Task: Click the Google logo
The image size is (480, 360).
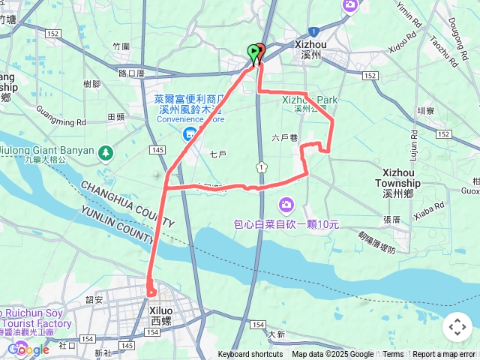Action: coord(28,349)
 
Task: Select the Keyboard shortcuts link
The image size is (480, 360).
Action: coord(250,355)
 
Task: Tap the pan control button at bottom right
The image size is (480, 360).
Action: coord(457,327)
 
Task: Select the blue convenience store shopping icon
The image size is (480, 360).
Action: coord(190,133)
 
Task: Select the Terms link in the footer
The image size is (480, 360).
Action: coord(393,355)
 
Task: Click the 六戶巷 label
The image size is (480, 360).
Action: coord(284,137)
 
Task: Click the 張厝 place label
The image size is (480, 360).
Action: coord(391,220)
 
